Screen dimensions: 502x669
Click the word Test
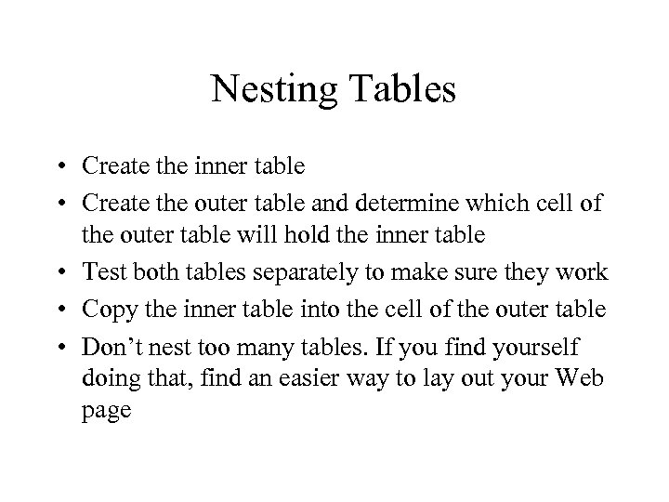point(101,272)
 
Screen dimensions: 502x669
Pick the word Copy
point(106,310)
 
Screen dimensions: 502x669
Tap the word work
point(583,272)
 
